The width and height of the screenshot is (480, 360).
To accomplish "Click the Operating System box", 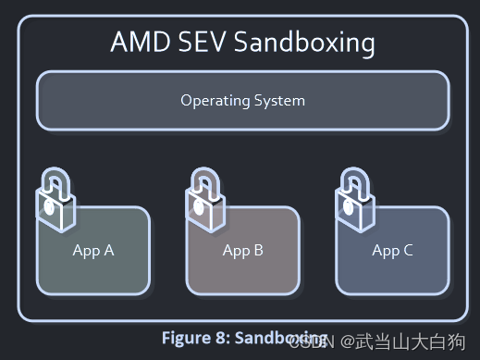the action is (x=242, y=100).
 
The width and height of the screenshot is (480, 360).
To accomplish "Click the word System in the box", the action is (x=279, y=100).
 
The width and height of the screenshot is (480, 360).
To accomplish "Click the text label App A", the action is (x=93, y=250).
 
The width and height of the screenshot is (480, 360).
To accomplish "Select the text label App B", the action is (x=243, y=250).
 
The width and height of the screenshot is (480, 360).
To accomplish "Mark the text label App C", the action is (x=392, y=250).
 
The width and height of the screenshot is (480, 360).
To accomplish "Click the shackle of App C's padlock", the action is (x=353, y=178).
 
